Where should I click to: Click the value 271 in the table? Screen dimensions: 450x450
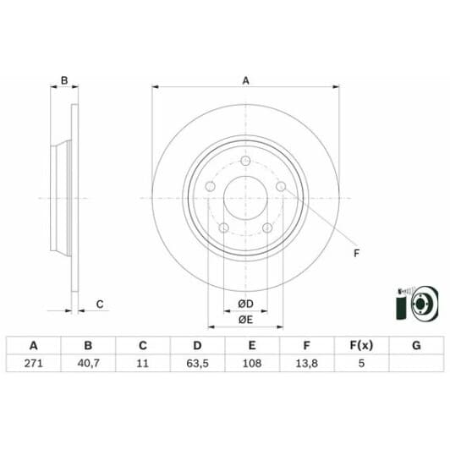(x=34, y=363)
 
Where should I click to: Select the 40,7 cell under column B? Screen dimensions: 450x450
(x=87, y=363)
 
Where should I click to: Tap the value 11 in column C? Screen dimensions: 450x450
(x=142, y=363)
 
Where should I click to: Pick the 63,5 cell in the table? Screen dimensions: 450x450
(x=197, y=363)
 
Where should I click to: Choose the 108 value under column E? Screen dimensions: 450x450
(x=252, y=363)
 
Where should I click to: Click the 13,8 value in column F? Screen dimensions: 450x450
(x=306, y=363)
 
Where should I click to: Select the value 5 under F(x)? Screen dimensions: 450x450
(x=361, y=363)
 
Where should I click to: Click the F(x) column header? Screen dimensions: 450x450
(x=361, y=345)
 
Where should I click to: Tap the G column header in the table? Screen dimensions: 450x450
(x=415, y=345)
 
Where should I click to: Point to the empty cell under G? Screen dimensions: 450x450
(x=415, y=363)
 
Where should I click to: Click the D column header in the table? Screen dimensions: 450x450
(x=197, y=345)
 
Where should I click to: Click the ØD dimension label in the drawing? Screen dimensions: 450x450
(x=245, y=304)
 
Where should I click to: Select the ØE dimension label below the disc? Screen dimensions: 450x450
(x=245, y=319)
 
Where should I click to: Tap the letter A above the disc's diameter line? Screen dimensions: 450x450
(x=246, y=81)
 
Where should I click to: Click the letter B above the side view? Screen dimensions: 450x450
(x=63, y=81)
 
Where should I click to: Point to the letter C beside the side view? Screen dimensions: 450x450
(x=99, y=304)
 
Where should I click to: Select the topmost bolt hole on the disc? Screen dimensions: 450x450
(x=245, y=162)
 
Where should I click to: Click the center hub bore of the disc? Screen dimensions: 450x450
(x=245, y=203)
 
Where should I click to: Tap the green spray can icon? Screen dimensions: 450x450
(x=399, y=304)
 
